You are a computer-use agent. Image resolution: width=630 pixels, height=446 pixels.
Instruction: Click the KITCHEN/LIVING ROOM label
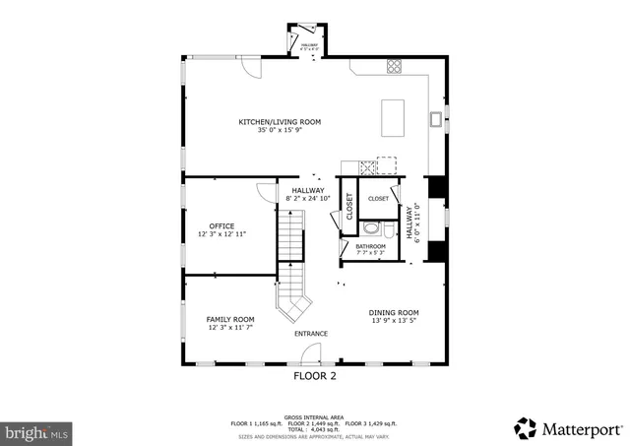279,122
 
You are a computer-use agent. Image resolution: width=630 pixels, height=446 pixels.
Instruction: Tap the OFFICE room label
221,226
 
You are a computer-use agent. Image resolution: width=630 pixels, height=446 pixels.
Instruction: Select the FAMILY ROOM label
230,319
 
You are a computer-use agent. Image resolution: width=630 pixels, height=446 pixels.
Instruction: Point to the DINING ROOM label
394,312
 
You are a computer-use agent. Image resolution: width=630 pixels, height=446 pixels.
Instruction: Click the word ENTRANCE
311,334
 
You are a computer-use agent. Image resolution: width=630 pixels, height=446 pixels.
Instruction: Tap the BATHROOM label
370,246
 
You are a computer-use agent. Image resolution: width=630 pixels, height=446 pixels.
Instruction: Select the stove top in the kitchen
396,67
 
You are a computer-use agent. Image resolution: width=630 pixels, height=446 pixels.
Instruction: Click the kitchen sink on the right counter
434,119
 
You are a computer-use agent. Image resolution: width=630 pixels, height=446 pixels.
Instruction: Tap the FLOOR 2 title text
315,376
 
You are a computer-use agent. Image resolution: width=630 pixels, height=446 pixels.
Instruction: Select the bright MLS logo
37,431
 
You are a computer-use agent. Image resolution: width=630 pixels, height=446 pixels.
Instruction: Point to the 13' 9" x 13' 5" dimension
394,321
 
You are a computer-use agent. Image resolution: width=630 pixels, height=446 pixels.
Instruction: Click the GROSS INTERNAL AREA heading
314,416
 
